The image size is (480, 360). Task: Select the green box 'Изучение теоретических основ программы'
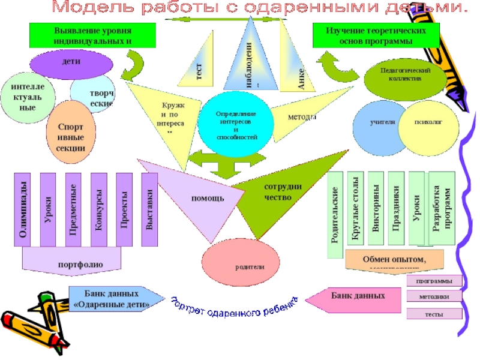click(376, 35)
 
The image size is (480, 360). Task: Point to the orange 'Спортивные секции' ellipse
click(71, 134)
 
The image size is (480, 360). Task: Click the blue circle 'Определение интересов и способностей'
click(236, 124)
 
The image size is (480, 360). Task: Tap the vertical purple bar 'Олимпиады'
click(23, 210)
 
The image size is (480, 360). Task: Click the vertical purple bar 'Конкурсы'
click(98, 210)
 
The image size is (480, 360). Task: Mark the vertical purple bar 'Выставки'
click(149, 210)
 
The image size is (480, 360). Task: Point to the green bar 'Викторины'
click(376, 210)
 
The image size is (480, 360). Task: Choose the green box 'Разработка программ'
click(443, 207)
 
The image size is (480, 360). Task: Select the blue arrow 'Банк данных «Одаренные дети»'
click(114, 299)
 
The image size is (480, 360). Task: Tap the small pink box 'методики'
click(434, 296)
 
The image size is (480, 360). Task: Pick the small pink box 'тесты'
click(434, 313)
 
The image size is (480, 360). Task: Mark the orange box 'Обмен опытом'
click(394, 259)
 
